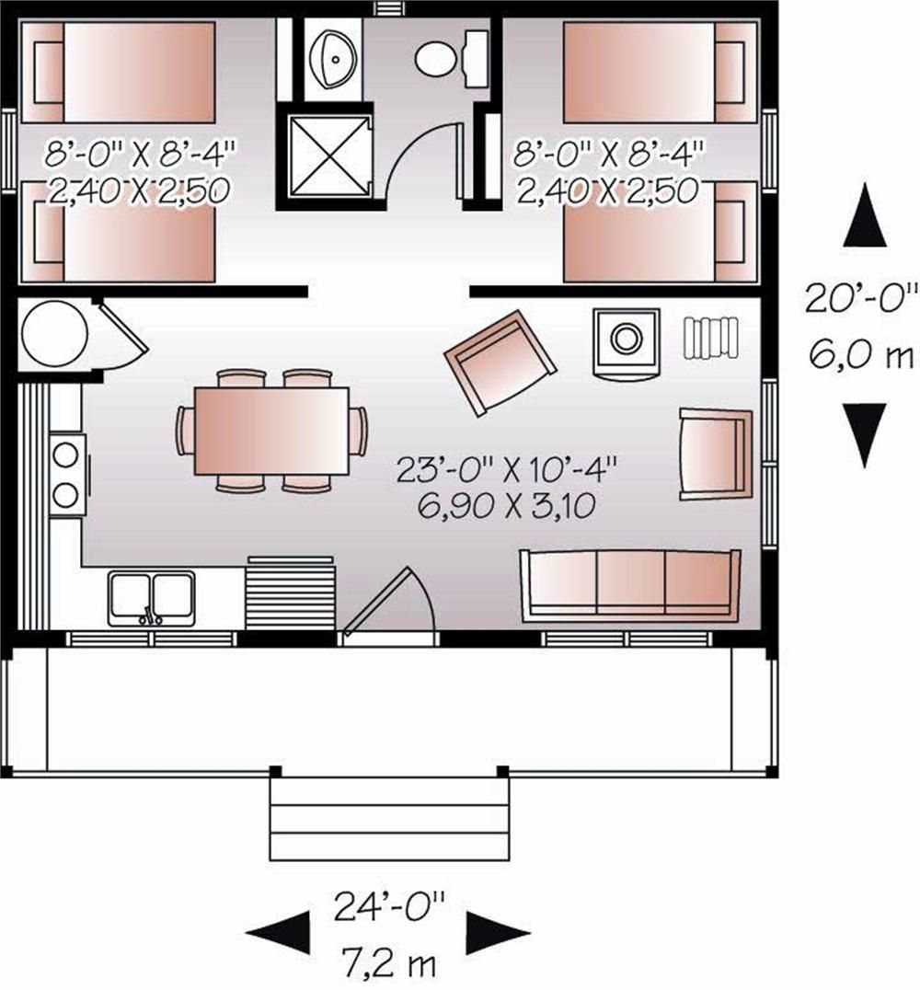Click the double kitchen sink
coord(152,597)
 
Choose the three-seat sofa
coord(630,583)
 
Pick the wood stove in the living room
coord(626,340)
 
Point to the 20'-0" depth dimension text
coord(863,299)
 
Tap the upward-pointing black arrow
coord(865,215)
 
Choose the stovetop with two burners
coord(66,475)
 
